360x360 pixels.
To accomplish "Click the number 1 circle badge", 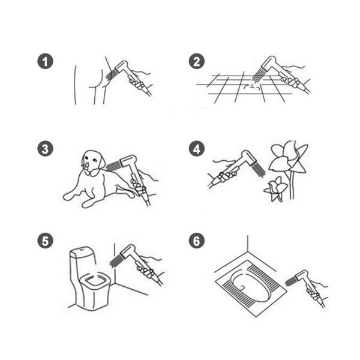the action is point(45,61).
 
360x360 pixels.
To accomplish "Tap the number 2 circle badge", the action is point(197,61).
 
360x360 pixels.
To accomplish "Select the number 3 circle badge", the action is point(45,149).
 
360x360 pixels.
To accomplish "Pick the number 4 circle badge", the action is point(197,149).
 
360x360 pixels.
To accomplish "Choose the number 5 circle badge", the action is point(45,241).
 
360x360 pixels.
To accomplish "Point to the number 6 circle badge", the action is point(197,241).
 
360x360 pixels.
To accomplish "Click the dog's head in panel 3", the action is point(92,162).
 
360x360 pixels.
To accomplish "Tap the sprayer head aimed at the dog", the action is point(128,161).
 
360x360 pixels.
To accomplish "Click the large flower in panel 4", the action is point(289,158).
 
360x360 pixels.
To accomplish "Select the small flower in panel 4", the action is point(276,188).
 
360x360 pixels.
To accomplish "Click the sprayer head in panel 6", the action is point(302,275).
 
